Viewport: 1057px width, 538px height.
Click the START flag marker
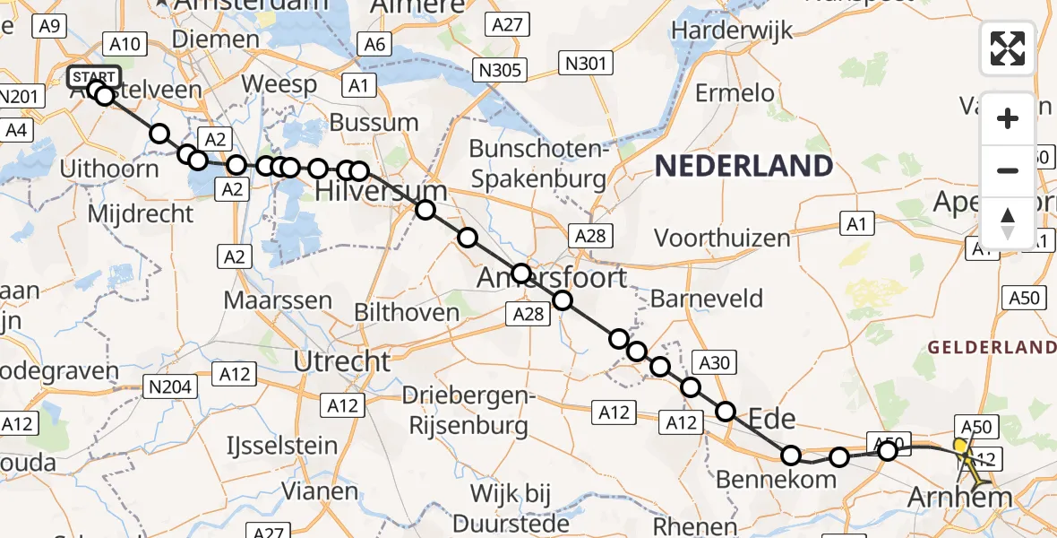click(92, 76)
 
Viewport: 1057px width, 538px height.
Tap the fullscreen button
click(1008, 48)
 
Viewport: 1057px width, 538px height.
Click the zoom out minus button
click(1008, 170)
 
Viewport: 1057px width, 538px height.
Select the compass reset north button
click(1008, 223)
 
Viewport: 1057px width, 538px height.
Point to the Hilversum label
click(381, 191)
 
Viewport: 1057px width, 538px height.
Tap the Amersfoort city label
click(552, 277)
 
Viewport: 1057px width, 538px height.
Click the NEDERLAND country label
click(743, 166)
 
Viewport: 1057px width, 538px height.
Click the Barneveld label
click(707, 299)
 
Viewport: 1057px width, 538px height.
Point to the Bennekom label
click(776, 481)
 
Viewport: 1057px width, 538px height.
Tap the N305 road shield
click(501, 70)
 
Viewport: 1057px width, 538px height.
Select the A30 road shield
click(714, 362)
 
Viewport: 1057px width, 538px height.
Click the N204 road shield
click(170, 386)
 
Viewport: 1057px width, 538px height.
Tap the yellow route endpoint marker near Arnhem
click(960, 446)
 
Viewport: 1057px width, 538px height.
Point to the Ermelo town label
click(735, 92)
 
